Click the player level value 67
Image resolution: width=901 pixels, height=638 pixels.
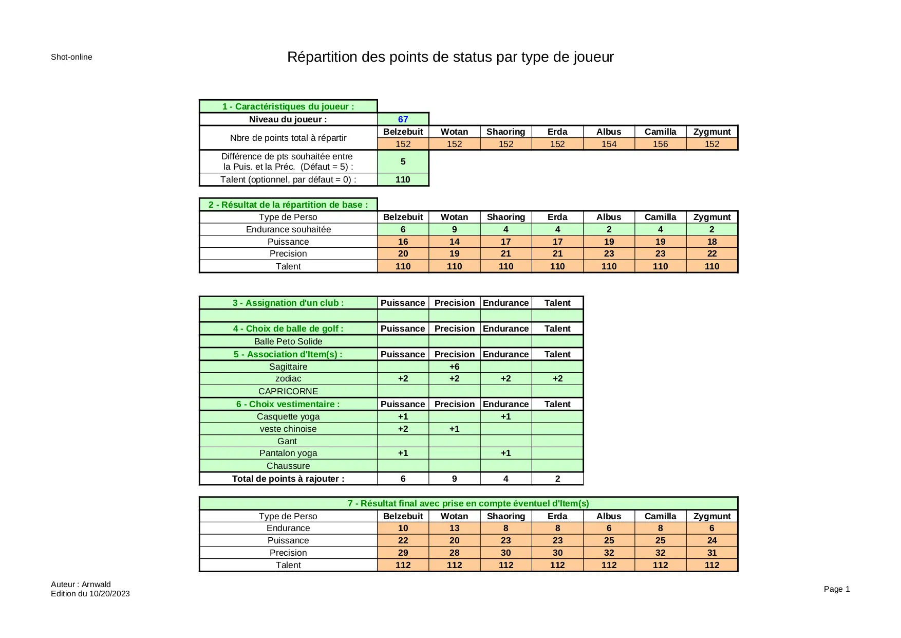point(403,119)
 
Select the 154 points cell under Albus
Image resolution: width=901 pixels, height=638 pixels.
point(609,144)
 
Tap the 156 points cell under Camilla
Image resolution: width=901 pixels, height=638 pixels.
point(660,144)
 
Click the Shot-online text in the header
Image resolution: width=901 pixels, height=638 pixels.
point(71,57)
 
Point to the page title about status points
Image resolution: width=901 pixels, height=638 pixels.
point(450,57)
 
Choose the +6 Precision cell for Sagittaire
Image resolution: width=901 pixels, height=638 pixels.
point(454,367)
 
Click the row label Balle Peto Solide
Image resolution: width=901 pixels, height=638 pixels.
point(288,341)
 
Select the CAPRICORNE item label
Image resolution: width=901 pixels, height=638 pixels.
point(288,391)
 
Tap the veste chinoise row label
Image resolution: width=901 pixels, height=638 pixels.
point(288,429)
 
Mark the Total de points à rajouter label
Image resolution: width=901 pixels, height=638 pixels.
point(288,479)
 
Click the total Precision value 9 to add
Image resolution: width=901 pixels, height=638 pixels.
point(454,479)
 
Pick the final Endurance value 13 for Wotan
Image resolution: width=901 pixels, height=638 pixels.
point(454,528)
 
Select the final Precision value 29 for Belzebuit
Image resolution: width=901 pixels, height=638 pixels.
point(403,553)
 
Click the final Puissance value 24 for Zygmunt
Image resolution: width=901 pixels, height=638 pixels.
point(711,540)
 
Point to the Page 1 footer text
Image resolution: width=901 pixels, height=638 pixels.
point(836,589)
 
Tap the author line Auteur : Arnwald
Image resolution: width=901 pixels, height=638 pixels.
point(81,585)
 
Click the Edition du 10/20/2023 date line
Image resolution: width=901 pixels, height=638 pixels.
point(90,594)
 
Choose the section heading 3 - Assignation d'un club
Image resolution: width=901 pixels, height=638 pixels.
point(288,303)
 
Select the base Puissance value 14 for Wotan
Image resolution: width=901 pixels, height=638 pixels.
point(454,242)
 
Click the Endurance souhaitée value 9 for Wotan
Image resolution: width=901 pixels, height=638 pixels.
point(454,229)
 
